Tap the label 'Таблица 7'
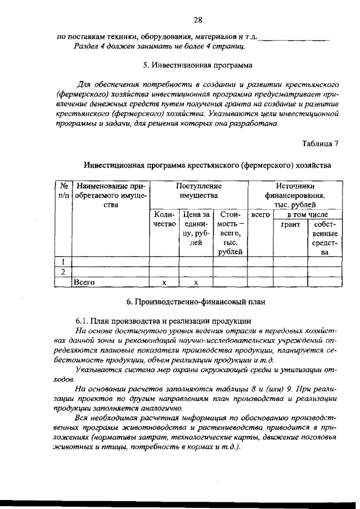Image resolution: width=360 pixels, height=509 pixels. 319,143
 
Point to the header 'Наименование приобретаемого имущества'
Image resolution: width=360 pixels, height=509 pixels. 110,195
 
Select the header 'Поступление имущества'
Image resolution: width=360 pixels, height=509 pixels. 199,190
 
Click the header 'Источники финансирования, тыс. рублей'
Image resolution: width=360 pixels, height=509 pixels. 296,195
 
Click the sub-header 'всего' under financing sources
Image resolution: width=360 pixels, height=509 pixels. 260,215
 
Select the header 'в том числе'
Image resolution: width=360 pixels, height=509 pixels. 308,215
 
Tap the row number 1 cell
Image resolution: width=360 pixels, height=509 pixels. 64,262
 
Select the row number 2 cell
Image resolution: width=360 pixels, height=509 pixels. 64,272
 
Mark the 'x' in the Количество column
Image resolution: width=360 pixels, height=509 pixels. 164,282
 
